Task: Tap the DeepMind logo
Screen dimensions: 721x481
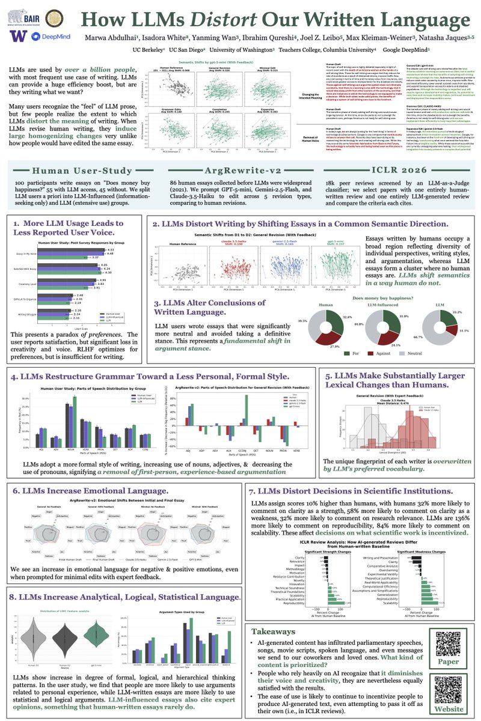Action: click(x=46, y=38)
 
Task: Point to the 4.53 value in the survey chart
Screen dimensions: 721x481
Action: click(x=94, y=266)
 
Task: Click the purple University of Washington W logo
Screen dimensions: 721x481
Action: click(x=17, y=37)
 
